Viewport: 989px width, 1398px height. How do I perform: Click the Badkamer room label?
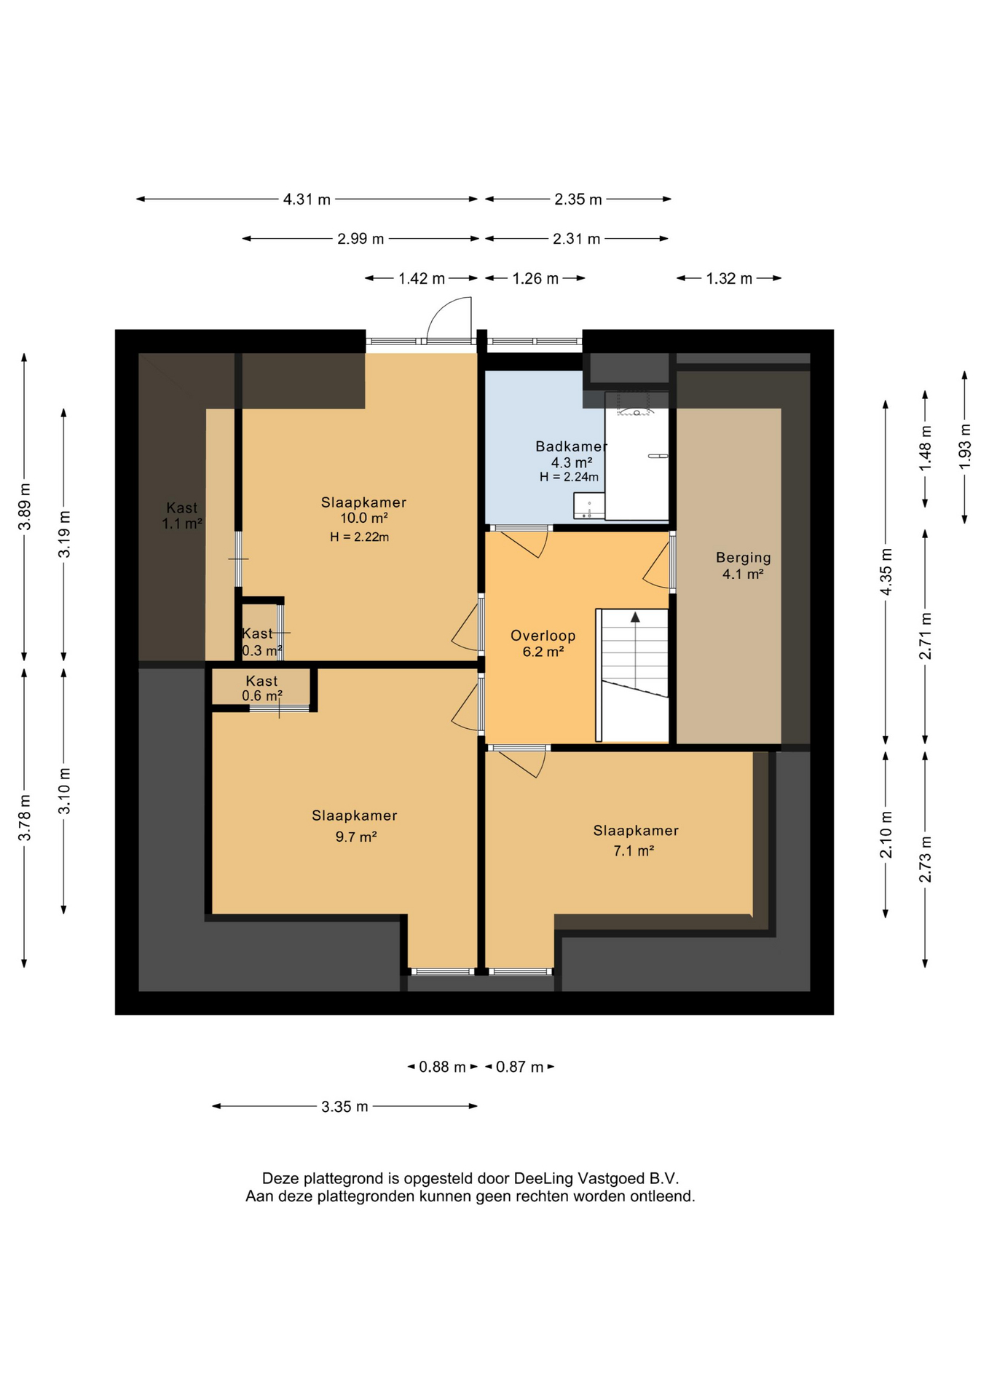pyautogui.click(x=571, y=446)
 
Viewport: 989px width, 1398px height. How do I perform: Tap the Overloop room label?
pyautogui.click(x=543, y=636)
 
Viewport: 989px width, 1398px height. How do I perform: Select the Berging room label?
pyautogui.click(x=743, y=558)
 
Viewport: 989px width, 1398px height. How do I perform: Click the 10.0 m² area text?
pyautogui.click(x=363, y=518)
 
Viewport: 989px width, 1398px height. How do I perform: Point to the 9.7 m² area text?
pyautogui.click(x=355, y=837)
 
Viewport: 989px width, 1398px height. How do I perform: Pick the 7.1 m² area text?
pyautogui.click(x=634, y=850)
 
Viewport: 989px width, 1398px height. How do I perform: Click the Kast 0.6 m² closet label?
pyautogui.click(x=261, y=688)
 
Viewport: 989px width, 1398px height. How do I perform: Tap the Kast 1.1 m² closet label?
pyautogui.click(x=181, y=516)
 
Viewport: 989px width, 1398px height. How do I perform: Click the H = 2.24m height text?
pyautogui.click(x=569, y=478)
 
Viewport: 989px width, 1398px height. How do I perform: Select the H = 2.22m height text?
pyautogui.click(x=359, y=537)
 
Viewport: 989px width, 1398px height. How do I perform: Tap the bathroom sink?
pyautogui.click(x=588, y=506)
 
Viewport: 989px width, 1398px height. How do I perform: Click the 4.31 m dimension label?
pyautogui.click(x=307, y=200)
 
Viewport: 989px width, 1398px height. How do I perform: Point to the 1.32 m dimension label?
pyautogui.click(x=729, y=279)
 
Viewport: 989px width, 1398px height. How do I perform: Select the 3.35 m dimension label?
pyautogui.click(x=344, y=1107)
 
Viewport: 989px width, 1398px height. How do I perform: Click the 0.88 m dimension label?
pyautogui.click(x=442, y=1067)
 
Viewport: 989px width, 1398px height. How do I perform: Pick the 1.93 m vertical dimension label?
pyautogui.click(x=965, y=447)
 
